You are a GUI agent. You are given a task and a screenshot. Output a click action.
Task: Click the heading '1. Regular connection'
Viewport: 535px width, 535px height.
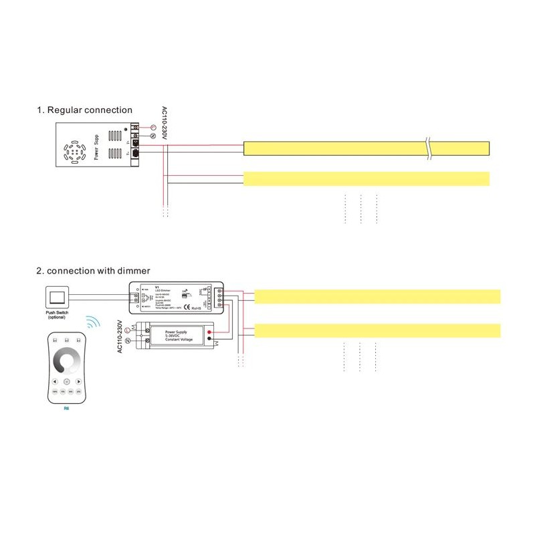pyautogui.click(x=84, y=110)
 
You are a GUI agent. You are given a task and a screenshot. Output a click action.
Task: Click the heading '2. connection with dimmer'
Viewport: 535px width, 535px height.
pyautogui.click(x=93, y=271)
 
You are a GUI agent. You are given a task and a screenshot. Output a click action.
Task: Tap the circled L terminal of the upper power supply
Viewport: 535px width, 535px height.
pyautogui.click(x=152, y=127)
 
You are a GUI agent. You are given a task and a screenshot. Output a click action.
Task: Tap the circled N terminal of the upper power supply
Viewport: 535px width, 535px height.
pyautogui.click(x=152, y=136)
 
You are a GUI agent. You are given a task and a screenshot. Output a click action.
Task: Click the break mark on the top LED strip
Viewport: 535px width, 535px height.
pyautogui.click(x=428, y=148)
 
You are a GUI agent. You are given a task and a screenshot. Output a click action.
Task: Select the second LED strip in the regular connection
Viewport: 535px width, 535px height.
pyautogui.click(x=366, y=179)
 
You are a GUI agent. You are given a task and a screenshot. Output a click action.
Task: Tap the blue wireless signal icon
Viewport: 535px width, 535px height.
pyautogui.click(x=93, y=323)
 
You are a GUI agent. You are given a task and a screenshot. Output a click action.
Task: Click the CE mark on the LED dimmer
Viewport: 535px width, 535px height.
pyautogui.click(x=187, y=308)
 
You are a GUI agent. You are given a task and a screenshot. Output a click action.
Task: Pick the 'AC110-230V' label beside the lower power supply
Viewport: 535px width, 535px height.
pyautogui.click(x=120, y=336)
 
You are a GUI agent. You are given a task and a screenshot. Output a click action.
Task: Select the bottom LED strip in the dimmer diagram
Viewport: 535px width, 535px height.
pyautogui.click(x=378, y=330)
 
